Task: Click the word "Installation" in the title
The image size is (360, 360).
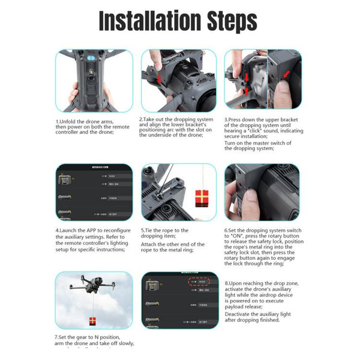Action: point(146,21)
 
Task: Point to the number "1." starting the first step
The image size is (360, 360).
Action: point(58,121)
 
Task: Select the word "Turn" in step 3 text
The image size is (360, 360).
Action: point(230,143)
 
